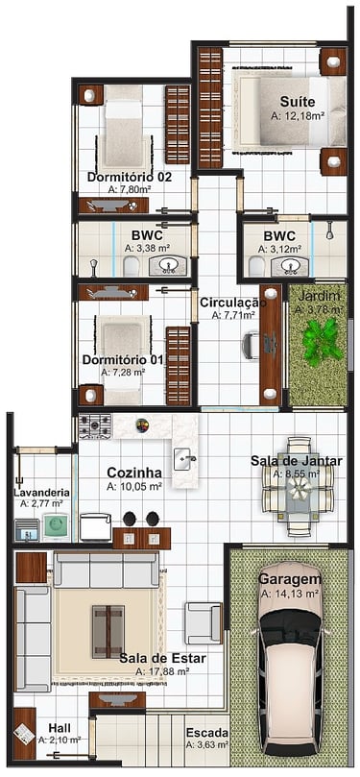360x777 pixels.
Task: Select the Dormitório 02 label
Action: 130,177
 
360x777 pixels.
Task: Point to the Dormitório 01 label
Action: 122,360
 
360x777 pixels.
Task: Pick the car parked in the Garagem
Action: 291,660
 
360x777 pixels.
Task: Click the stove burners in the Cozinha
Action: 95,426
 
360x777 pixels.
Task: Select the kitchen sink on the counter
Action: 185,459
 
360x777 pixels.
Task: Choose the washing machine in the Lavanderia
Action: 56,526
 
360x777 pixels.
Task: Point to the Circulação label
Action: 232,303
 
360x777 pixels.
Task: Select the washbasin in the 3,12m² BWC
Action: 288,267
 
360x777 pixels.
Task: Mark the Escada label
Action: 207,733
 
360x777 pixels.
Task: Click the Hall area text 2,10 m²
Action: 60,740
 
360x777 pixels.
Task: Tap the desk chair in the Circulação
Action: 252,346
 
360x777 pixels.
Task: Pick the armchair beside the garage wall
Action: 203,623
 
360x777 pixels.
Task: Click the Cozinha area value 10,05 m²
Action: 134,487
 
